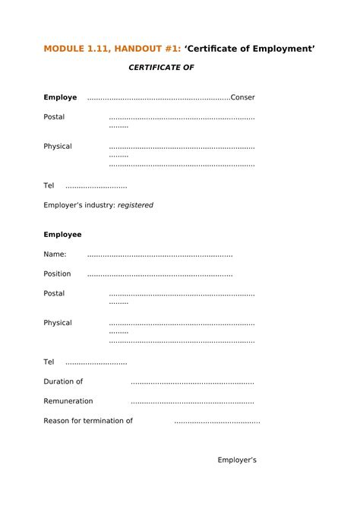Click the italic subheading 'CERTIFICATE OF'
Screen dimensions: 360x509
pos(161,68)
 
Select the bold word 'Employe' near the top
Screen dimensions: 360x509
pos(60,97)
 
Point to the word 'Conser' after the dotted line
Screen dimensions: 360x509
pos(242,97)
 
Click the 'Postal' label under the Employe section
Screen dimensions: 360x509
pos(54,117)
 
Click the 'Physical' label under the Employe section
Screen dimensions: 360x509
pos(58,146)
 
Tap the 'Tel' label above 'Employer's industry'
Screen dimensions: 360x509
pos(49,185)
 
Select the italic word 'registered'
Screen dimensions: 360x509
pos(134,205)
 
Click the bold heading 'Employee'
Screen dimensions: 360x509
pos(62,234)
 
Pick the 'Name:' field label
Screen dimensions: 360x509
pos(55,254)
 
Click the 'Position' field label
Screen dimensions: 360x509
pos(57,273)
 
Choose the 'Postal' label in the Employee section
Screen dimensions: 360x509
pos(54,293)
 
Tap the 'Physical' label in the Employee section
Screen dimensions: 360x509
pos(58,323)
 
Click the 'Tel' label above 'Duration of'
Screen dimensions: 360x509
pos(49,362)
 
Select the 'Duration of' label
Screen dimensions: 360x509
pos(63,381)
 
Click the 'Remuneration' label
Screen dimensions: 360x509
pos(68,401)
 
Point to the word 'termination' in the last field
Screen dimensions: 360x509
pos(102,421)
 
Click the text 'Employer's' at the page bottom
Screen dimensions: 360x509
pos(237,460)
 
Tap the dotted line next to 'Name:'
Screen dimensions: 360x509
pos(159,254)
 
